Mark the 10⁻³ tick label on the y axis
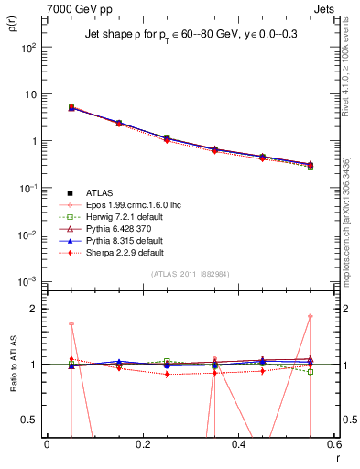pyautogui.click(x=29, y=281)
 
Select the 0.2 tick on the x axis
pyautogui.click(x=142, y=443)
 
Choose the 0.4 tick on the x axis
pyautogui.click(x=238, y=443)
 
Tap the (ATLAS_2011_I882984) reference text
pyautogui.click(x=191, y=274)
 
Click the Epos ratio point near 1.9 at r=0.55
pyautogui.click(x=311, y=317)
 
